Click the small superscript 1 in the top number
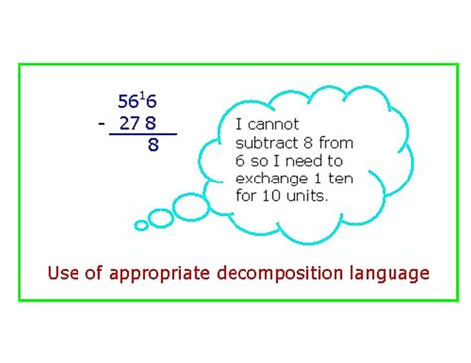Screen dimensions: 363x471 tap(142, 95)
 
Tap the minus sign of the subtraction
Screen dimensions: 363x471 tap(102, 124)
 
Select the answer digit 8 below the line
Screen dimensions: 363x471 tap(153, 146)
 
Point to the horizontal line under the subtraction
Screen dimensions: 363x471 tap(144, 134)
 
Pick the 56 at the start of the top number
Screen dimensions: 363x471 tap(128, 103)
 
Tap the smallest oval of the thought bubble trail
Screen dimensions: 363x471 tap(141, 225)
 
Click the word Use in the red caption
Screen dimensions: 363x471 tap(65, 272)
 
